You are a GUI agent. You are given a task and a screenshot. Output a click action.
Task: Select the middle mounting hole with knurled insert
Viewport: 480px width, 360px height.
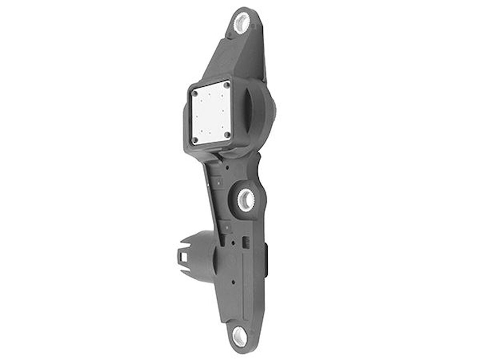(x=246, y=200)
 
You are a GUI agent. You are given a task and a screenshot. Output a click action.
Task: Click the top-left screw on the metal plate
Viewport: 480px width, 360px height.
(x=195, y=94)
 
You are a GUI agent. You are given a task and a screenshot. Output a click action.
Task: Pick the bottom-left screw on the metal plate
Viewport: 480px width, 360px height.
(x=195, y=140)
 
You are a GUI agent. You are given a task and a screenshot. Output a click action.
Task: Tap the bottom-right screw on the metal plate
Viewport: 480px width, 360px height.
(x=227, y=134)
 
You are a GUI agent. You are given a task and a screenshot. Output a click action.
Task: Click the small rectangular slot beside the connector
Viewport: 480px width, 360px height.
(x=245, y=242)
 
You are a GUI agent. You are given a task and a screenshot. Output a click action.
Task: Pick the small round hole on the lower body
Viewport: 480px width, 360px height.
(x=233, y=281)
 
